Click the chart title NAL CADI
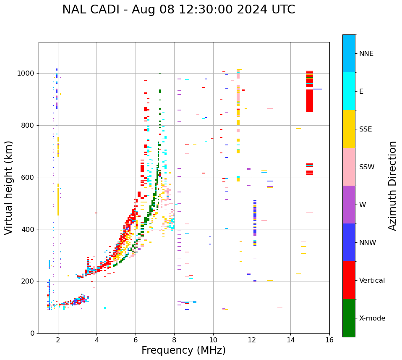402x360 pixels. point(178,10)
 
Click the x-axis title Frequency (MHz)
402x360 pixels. point(183,350)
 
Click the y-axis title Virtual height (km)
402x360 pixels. point(9,187)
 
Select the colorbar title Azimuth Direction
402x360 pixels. point(392,186)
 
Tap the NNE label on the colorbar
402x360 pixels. point(366,54)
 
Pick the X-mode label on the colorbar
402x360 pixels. point(372,318)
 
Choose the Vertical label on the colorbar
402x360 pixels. point(372,281)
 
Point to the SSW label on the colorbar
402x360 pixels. point(367,167)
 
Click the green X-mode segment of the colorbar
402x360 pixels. point(349,318)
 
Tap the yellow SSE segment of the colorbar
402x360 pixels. point(349,129)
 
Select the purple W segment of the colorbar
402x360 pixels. point(349,205)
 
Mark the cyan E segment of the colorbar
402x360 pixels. point(349,91)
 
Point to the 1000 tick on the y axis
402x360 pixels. point(27,74)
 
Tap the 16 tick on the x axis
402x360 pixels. point(329,340)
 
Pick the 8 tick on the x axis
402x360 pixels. point(174,340)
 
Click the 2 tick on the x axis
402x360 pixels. point(58,340)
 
